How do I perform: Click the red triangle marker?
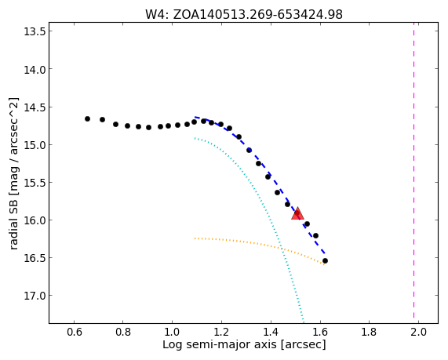[297, 213]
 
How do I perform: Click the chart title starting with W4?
[244, 14]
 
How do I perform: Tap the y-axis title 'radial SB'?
[13, 173]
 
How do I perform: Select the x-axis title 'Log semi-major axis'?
[244, 344]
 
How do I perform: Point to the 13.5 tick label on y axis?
[35, 31]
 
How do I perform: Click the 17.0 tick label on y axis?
[35, 296]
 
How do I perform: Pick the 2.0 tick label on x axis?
[418, 332]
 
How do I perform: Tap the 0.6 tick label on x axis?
[74, 332]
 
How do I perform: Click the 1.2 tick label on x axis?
[221, 332]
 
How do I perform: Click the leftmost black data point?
[87, 119]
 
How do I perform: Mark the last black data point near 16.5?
[325, 261]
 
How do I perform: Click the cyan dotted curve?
[266, 200]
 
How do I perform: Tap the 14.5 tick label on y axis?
[35, 107]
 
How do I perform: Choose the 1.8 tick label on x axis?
[369, 332]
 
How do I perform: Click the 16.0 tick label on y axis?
[35, 220]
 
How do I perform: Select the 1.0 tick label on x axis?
[172, 332]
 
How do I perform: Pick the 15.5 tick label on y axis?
[35, 182]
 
